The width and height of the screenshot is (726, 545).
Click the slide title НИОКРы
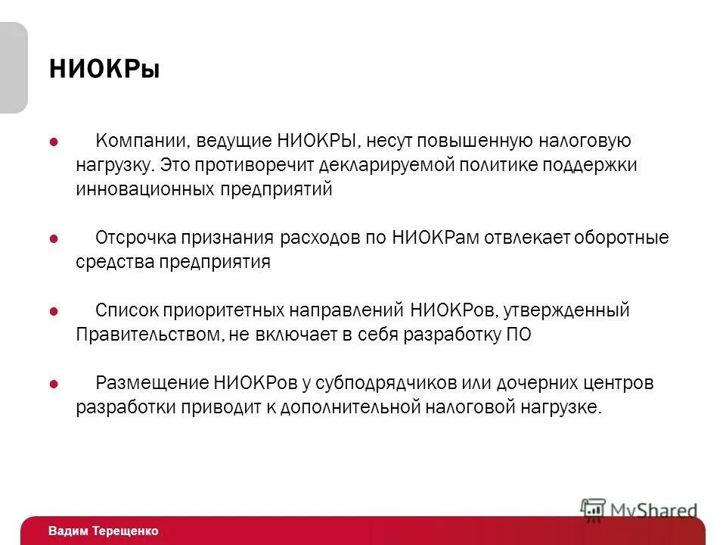(x=104, y=70)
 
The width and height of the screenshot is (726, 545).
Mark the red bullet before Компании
(x=54, y=142)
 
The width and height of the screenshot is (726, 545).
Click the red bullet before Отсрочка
(x=54, y=238)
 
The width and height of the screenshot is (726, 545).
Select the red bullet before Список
(x=54, y=311)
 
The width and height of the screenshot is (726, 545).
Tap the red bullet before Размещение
(x=54, y=384)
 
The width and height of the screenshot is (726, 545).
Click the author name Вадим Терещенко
(x=103, y=531)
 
